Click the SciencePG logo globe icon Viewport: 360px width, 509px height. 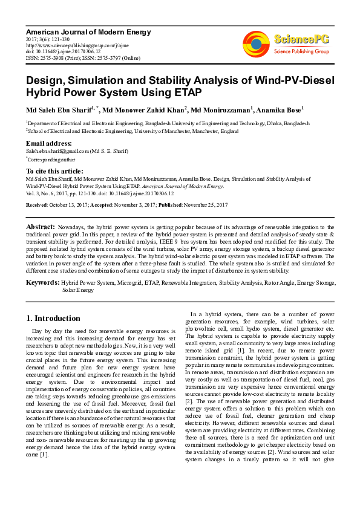coord(256,43)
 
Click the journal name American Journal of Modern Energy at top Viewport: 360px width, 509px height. coord(73,30)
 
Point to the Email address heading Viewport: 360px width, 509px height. coord(49,143)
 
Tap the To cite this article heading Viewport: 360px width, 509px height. coord(54,172)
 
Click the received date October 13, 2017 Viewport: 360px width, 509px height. coord(68,205)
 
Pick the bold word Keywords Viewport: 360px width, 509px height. coord(42,282)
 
